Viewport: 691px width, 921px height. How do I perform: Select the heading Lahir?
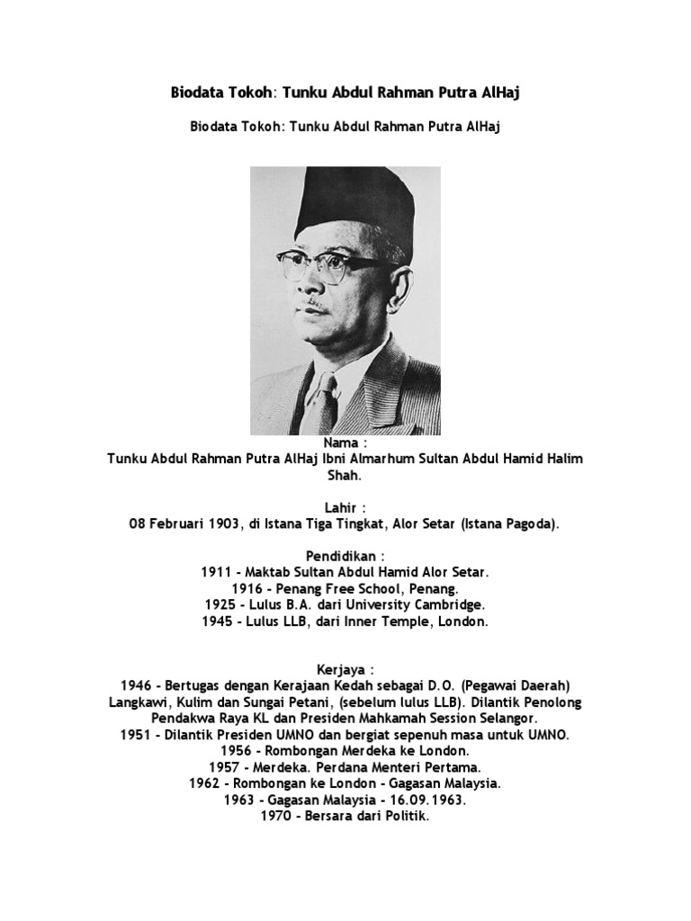point(342,508)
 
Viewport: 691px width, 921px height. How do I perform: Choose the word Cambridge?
point(453,605)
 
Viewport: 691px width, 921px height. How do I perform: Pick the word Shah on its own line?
point(345,475)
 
